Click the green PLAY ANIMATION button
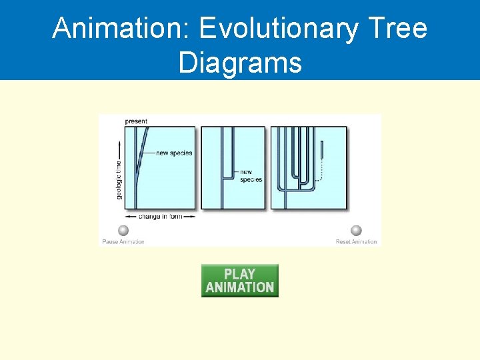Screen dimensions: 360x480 (240, 281)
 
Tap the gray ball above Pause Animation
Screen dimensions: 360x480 (123, 231)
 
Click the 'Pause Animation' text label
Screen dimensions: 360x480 (123, 241)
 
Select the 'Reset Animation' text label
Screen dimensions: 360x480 (356, 241)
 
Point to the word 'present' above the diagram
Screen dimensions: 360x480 (137, 121)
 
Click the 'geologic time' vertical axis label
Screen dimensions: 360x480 (119, 179)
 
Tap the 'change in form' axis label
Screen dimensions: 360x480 (160, 217)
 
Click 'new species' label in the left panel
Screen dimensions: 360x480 (174, 153)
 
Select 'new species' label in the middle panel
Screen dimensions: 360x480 (251, 175)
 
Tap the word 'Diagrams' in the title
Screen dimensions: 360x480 (240, 63)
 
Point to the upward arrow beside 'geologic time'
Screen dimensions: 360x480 (119, 148)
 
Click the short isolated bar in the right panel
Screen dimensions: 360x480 (322, 149)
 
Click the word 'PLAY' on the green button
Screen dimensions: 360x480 (240, 274)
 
